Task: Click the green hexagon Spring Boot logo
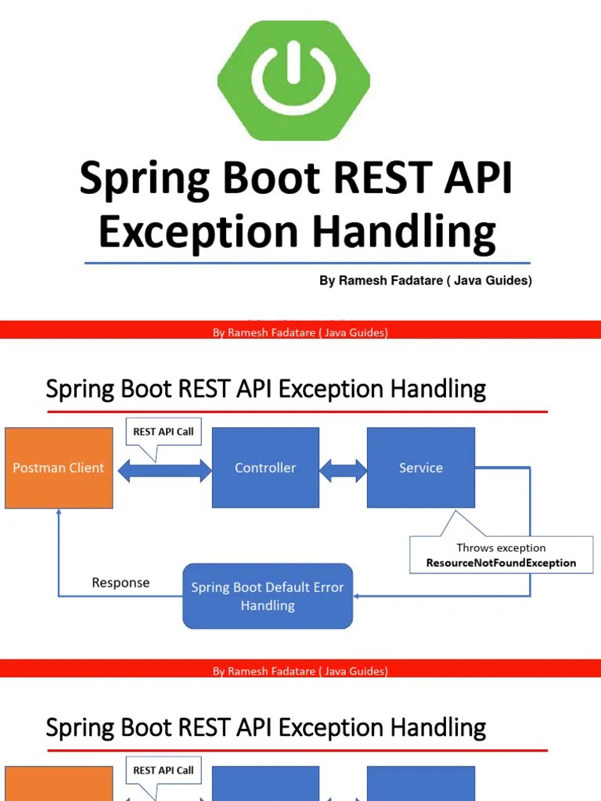pos(293,81)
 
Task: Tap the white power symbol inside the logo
pos(293,75)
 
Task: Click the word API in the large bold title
pos(480,178)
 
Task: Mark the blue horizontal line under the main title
pos(307,264)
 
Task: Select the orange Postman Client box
pos(59,468)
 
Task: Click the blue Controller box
pos(265,468)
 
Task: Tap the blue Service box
pos(421,468)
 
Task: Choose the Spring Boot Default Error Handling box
pos(268,596)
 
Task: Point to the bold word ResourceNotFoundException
pos(501,562)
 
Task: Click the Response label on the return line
pos(121,583)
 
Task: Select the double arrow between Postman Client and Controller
pos(164,470)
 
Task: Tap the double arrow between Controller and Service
pos(344,470)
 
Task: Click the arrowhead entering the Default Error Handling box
pos(358,596)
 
